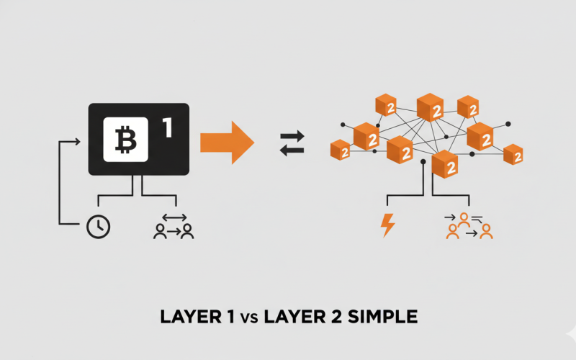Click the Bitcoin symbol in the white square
[x=125, y=140]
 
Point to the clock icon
[x=98, y=227]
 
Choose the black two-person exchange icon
[x=174, y=226]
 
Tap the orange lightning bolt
[x=387, y=225]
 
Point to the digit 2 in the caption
[x=338, y=316]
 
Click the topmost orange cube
[x=430, y=107]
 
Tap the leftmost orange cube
[x=339, y=149]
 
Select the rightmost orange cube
[x=513, y=154]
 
